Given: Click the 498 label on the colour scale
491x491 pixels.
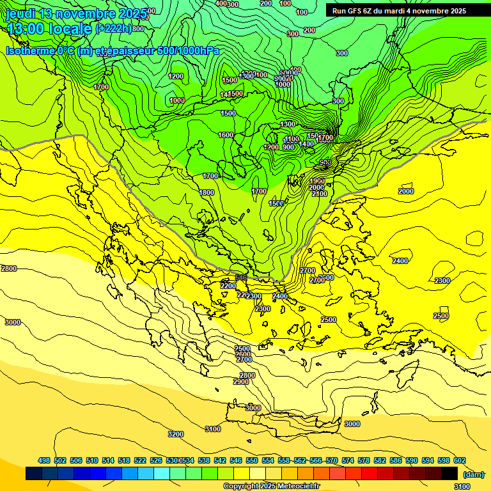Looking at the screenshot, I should pyautogui.click(x=44, y=460).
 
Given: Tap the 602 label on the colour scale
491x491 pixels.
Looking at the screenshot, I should pyautogui.click(x=460, y=460).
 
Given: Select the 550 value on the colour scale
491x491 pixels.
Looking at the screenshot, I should pyautogui.click(x=252, y=460).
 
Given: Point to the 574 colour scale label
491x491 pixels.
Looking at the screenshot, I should pyautogui.click(x=348, y=460).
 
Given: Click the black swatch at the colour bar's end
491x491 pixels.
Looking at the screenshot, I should pyautogui.click(x=449, y=473).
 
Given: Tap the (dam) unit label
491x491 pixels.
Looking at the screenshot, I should pyautogui.click(x=473, y=474).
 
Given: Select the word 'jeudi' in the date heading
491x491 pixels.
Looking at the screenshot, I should pyautogui.click(x=20, y=13).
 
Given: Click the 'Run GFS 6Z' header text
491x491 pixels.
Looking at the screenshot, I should pyautogui.click(x=352, y=11).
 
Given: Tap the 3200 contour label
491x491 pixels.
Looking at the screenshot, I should pyautogui.click(x=176, y=434).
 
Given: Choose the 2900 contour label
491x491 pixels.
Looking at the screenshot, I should pyautogui.click(x=241, y=382).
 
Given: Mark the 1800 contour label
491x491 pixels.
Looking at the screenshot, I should pyautogui.click(x=207, y=192).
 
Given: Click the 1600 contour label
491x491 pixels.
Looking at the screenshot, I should pyautogui.click(x=226, y=135).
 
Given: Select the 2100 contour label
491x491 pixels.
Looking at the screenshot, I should pyautogui.click(x=319, y=194).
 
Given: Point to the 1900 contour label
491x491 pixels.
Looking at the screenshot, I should pyautogui.click(x=317, y=181).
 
